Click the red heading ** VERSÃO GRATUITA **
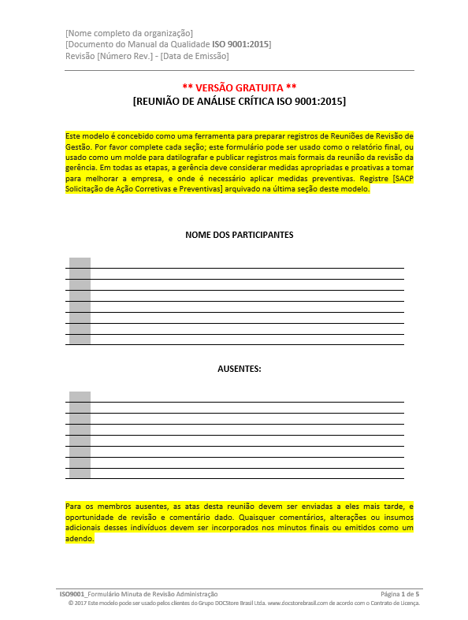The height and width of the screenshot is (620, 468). [x=240, y=87]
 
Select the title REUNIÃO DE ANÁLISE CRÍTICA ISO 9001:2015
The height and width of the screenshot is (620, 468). [x=240, y=102]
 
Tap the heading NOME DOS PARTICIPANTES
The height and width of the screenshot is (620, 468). [x=240, y=235]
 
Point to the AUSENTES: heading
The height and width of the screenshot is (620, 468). [x=240, y=369]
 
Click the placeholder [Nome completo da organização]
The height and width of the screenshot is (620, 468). [x=129, y=33]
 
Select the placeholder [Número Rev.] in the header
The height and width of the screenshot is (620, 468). [x=124, y=55]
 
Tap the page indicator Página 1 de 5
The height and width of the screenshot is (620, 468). [x=400, y=593]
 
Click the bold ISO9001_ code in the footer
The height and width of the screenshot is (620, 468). [x=72, y=593]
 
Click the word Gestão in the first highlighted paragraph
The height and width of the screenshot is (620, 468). [x=79, y=147]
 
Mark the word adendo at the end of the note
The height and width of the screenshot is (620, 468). [x=79, y=539]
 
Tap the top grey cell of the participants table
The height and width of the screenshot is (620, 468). [x=80, y=262]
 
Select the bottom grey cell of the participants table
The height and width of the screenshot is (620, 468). [x=80, y=340]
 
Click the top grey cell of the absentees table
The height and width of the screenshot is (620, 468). [x=80, y=396]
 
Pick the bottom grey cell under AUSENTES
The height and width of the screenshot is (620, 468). [x=80, y=473]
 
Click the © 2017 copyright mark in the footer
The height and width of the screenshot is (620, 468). [x=77, y=602]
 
